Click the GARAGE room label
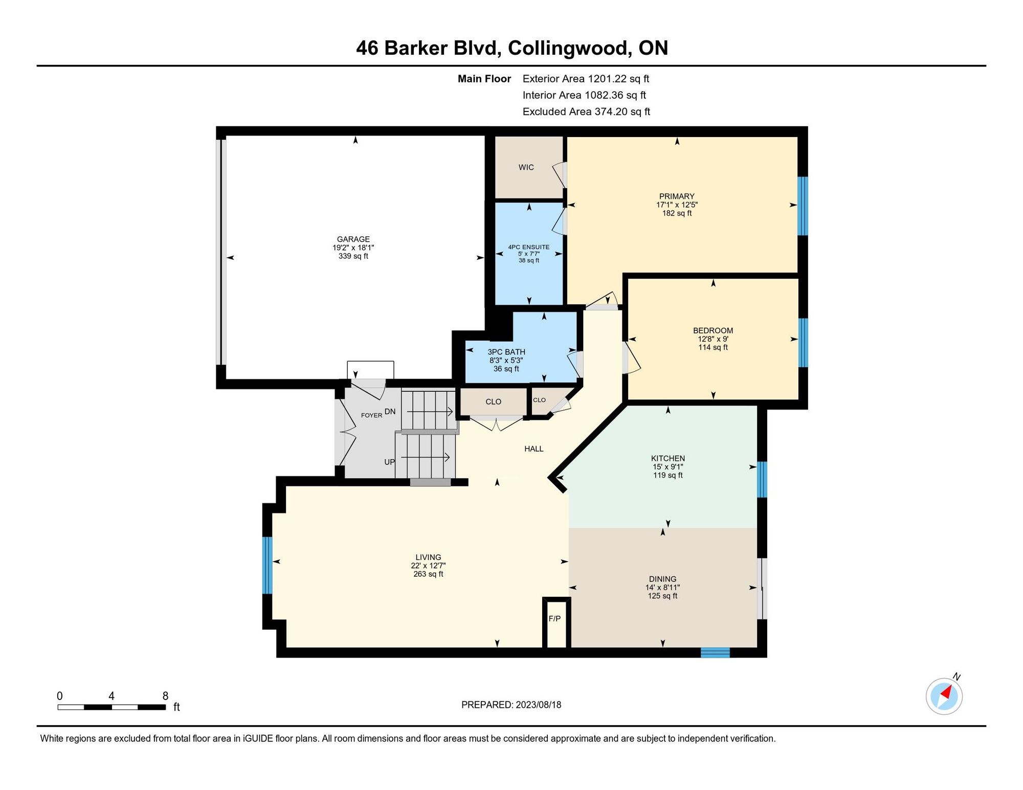[x=353, y=239]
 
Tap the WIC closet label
[x=526, y=167]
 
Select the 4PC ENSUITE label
[x=529, y=247]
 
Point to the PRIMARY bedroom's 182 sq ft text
[x=677, y=213]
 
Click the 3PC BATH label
[x=506, y=352]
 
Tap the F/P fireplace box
[x=556, y=622]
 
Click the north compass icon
[x=944, y=696]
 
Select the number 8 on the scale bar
[x=165, y=695]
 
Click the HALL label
[x=533, y=448]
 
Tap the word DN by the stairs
[x=390, y=411]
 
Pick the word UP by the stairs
[x=389, y=462]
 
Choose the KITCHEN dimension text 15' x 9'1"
[x=668, y=467]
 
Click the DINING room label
[x=662, y=579]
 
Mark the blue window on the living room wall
[x=267, y=565]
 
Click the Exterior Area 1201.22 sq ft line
[x=586, y=79]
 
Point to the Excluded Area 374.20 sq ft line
[x=586, y=111]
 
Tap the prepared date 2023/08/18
[x=538, y=705]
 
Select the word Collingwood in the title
[x=568, y=48]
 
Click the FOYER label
[x=371, y=415]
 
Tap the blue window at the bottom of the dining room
[x=715, y=652]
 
